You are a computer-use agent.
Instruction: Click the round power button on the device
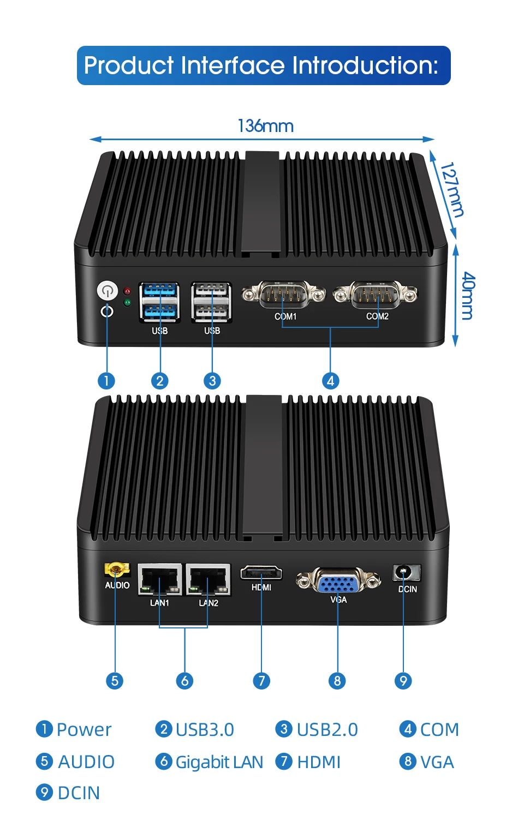point(108,290)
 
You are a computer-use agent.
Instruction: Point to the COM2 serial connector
point(376,296)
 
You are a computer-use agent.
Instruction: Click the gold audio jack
point(116,571)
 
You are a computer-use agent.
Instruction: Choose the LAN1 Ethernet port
point(160,580)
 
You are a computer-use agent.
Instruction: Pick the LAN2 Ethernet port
point(208,580)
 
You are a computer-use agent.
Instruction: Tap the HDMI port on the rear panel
point(261,573)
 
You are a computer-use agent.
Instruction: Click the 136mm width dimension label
point(266,126)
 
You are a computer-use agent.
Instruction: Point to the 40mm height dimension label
point(468,296)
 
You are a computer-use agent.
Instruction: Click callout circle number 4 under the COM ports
point(330,381)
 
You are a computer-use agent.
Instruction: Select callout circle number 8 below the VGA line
point(337,681)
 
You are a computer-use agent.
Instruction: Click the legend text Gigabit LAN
point(219,762)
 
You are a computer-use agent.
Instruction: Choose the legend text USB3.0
point(205,729)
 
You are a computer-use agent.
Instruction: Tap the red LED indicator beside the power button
point(127,291)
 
